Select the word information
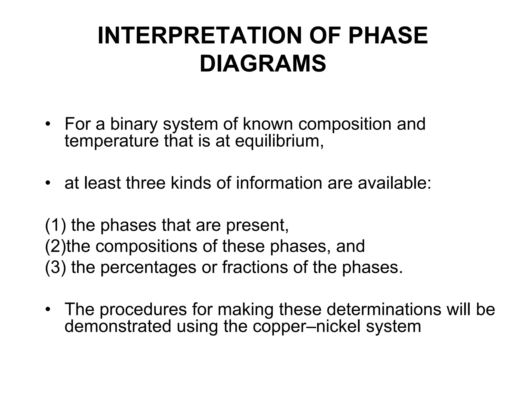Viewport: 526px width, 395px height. (279, 183)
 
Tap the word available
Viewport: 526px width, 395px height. (394, 183)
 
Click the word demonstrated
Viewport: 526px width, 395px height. (118, 327)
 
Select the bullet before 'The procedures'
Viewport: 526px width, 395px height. (47, 310)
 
